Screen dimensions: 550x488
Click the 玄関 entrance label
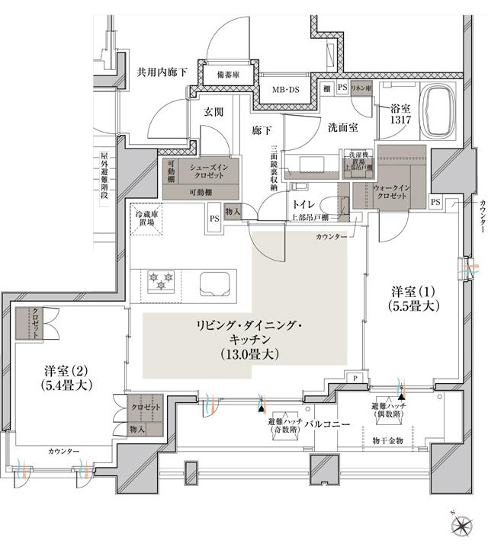[x=213, y=111]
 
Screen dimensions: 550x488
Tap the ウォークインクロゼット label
[x=390, y=191]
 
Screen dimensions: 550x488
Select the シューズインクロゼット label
[x=206, y=171]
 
